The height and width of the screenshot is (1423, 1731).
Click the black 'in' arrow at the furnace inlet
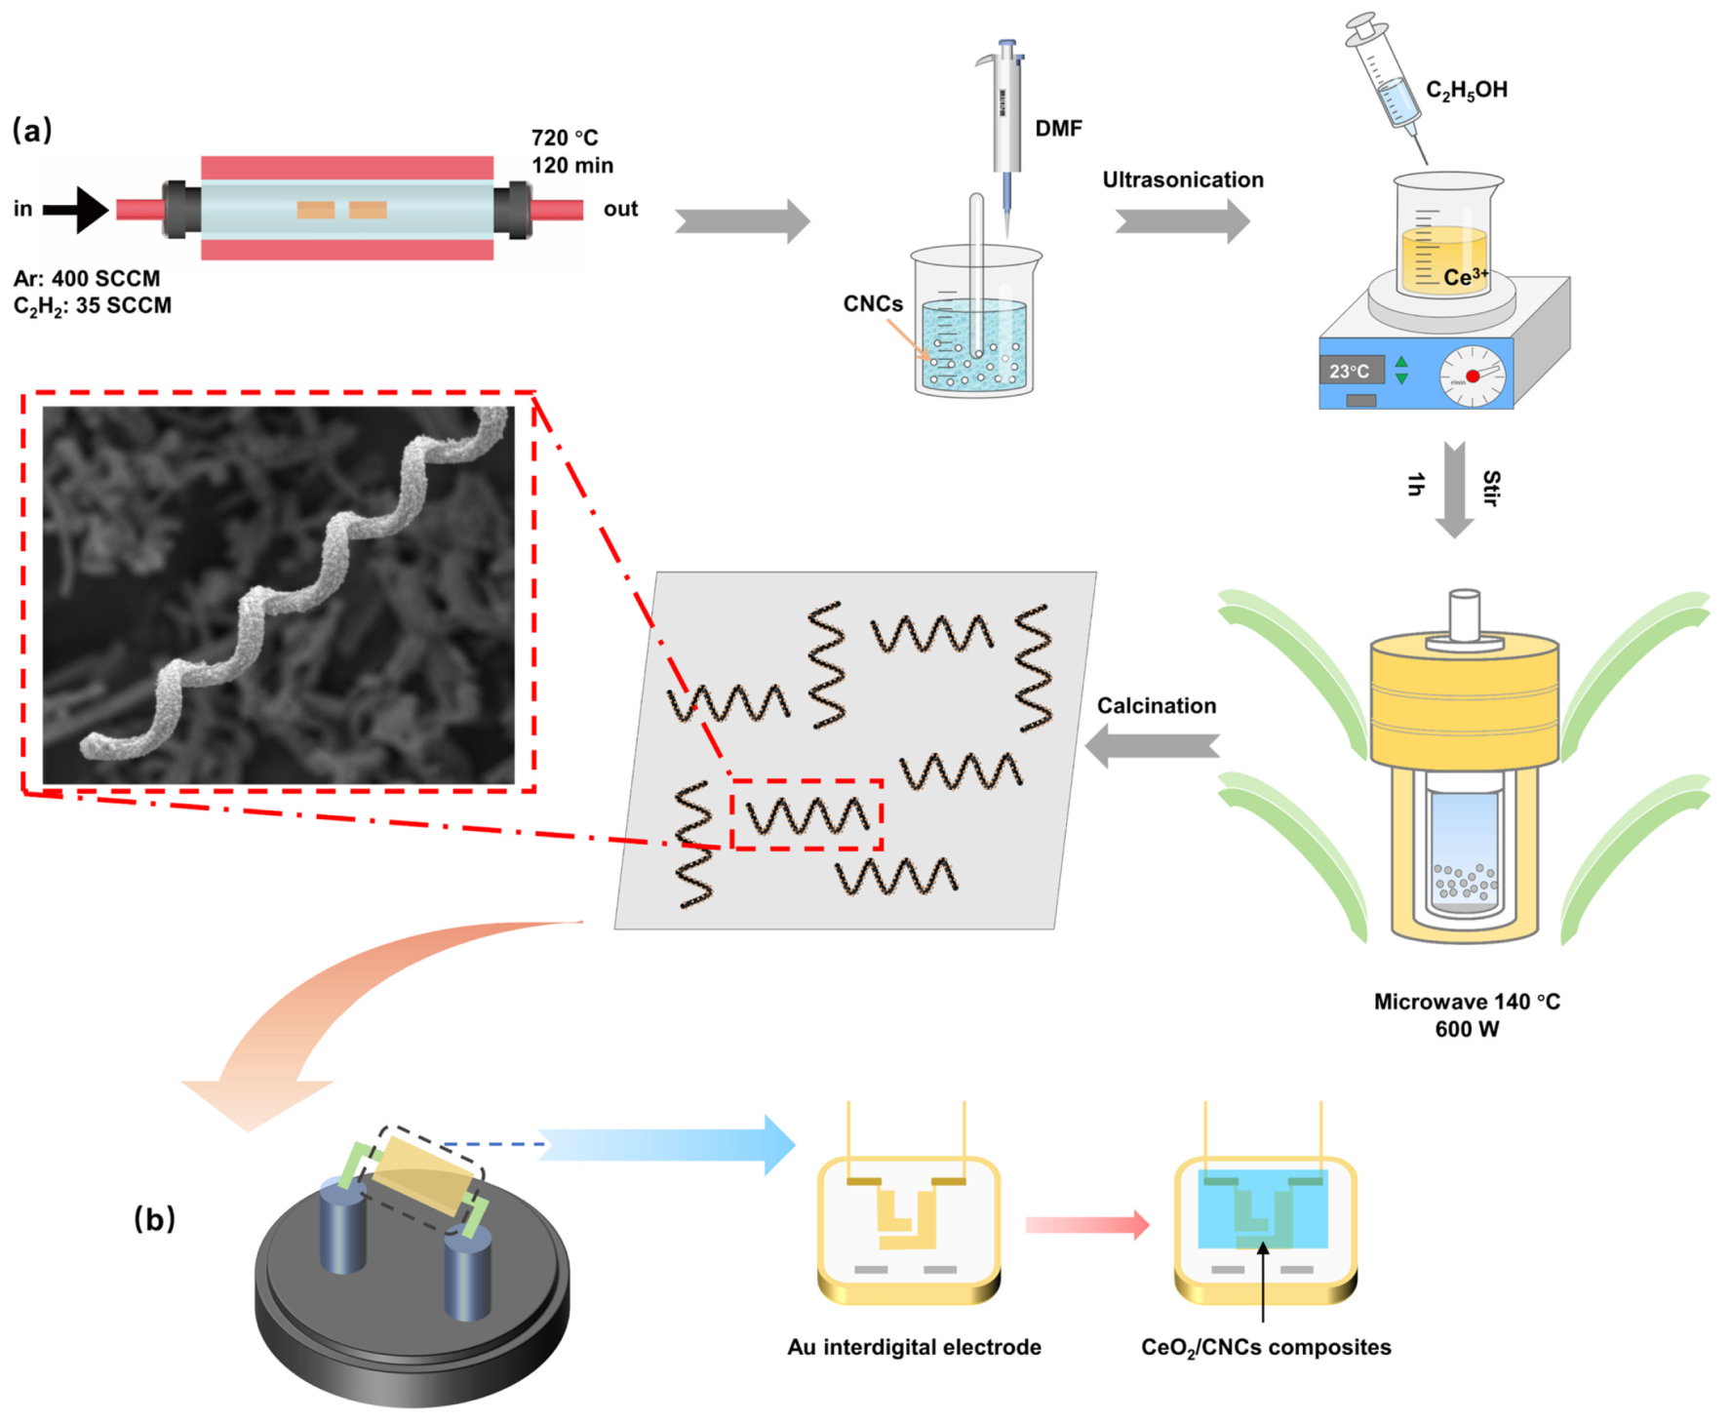coord(78,210)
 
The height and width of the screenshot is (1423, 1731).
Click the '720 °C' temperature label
coord(565,138)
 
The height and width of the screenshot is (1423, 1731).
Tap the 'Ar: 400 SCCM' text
coord(87,279)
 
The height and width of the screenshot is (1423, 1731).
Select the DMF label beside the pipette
coord(1058,129)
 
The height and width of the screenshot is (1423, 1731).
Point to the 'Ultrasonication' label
coord(1182,180)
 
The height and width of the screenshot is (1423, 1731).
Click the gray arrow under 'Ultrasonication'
coord(1182,221)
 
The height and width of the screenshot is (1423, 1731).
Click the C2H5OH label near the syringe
coord(1466,91)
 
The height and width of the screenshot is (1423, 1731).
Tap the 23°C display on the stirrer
coord(1350,372)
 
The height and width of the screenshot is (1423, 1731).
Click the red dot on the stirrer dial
coord(1472,376)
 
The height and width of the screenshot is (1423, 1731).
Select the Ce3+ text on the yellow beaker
coord(1465,278)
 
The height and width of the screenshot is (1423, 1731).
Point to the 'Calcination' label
coord(1156,706)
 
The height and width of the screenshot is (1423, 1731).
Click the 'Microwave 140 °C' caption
coord(1466,1003)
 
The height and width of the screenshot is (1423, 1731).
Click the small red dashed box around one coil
coord(806,815)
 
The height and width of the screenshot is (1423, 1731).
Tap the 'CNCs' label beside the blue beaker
coord(873,304)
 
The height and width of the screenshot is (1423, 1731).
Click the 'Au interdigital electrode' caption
coord(914,1348)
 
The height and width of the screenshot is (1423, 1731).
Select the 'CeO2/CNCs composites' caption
coord(1265,1348)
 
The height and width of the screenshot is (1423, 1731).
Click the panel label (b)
coord(154,1219)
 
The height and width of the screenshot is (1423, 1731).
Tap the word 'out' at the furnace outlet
coord(620,210)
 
